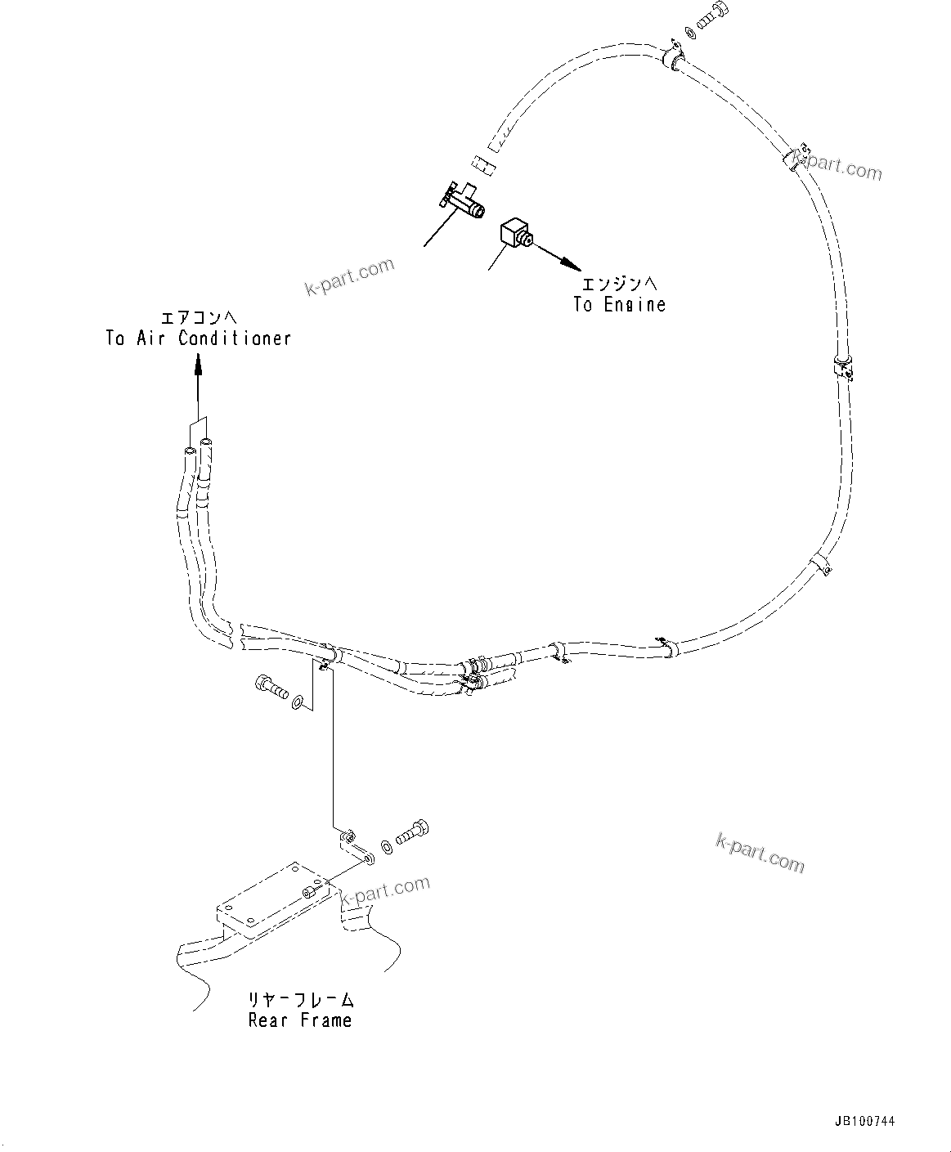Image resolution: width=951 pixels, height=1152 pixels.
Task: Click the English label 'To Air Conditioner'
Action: (x=198, y=338)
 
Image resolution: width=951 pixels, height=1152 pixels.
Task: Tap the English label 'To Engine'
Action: (x=619, y=305)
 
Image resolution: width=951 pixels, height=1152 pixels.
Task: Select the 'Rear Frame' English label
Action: (x=300, y=1020)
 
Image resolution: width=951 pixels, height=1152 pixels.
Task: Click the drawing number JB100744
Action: (x=866, y=1122)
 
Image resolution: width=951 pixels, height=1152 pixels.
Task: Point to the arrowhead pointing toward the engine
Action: (x=572, y=265)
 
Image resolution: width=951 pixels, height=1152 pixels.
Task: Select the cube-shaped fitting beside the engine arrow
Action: (x=515, y=233)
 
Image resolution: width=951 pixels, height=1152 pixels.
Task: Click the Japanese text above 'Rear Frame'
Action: (x=301, y=1000)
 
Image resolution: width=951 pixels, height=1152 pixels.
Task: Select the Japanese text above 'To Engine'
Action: (x=619, y=285)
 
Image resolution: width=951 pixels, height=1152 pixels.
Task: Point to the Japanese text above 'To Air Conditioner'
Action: (x=198, y=317)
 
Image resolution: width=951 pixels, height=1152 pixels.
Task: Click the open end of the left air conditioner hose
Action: (x=190, y=450)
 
